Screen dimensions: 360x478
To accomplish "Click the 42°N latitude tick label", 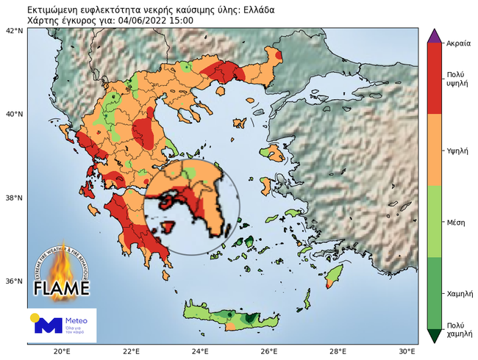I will pos(14,32).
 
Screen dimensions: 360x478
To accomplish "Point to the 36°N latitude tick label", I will pos(14,281).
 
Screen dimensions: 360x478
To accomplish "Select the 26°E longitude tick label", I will pos(268,350).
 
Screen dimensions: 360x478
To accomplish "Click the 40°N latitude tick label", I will pos(14,115).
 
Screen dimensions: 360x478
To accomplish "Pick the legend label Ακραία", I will pos(457,43).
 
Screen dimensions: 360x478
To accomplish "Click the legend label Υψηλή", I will pos(457,150).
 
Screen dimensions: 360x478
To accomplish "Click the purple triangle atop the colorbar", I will pos(434,35).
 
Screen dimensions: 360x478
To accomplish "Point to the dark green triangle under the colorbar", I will pos(434,335).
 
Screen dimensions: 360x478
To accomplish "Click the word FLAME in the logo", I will pos(62,286).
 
